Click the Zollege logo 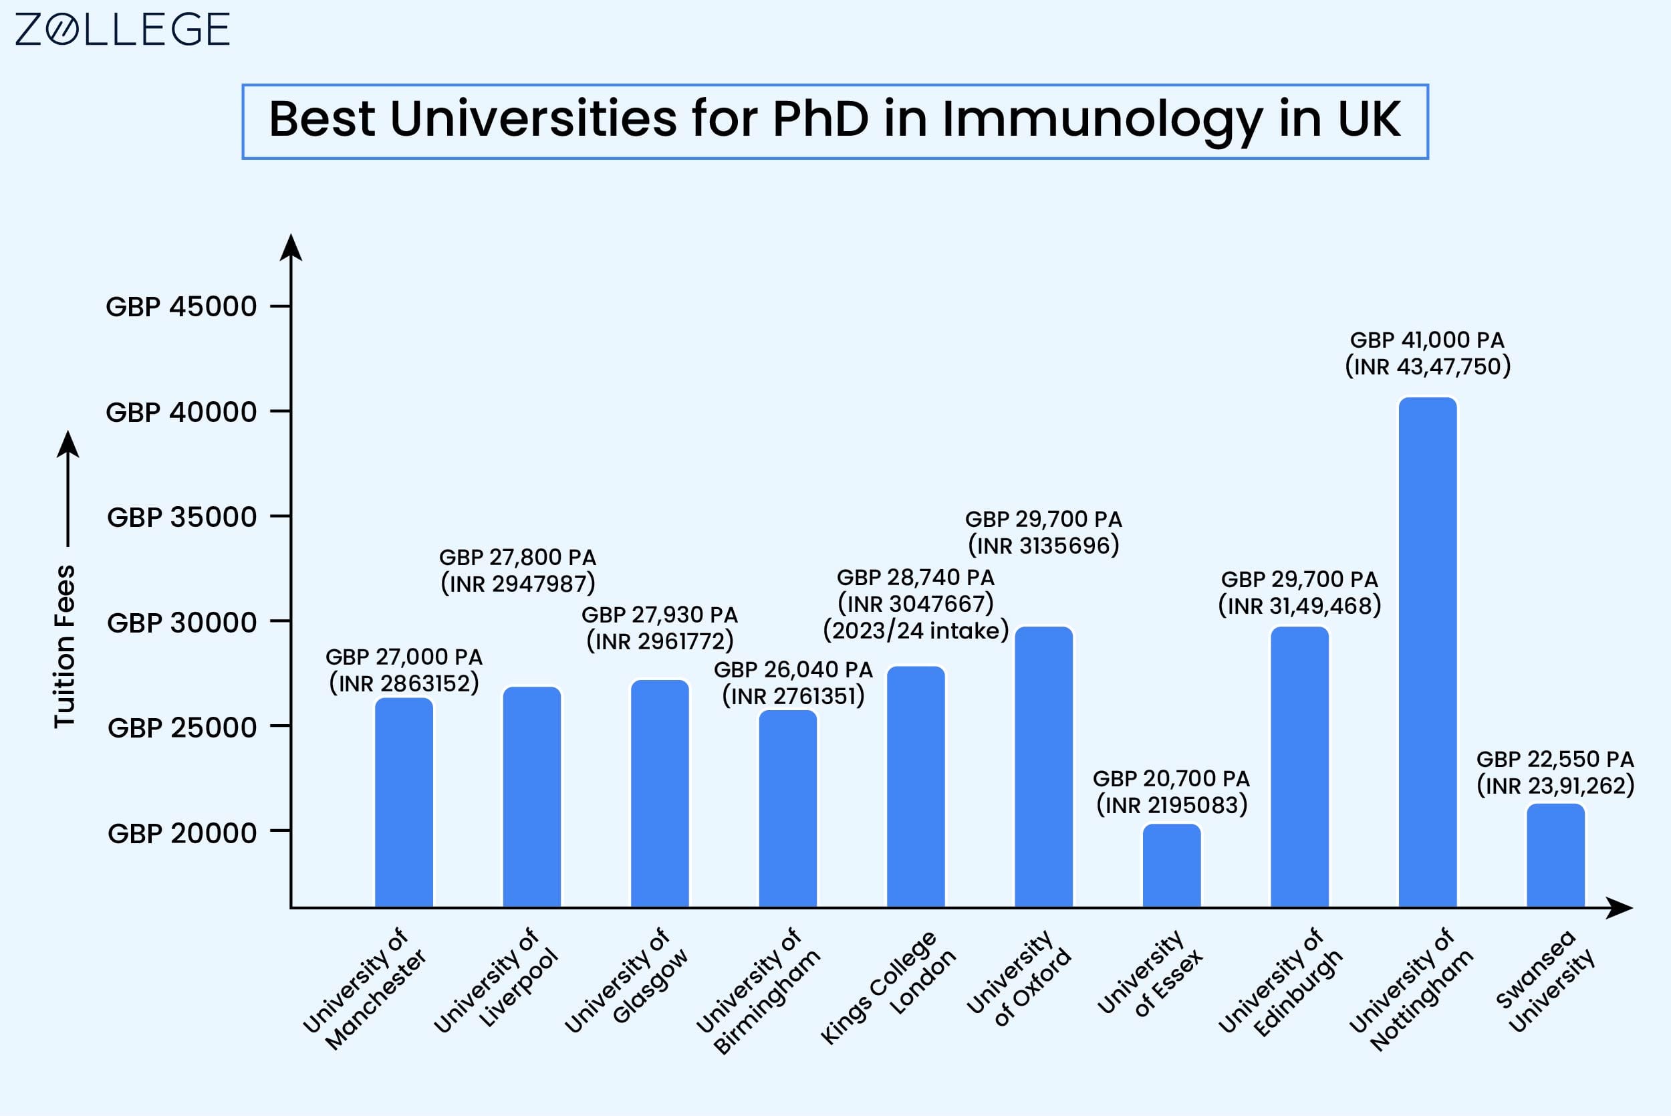coord(122,29)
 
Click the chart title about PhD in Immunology coord(834,119)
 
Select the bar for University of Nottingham coord(1428,652)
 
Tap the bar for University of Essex coord(1172,865)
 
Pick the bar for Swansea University coord(1556,855)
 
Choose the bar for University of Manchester coord(404,802)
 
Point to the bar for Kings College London coord(916,786)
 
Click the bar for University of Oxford coord(1043,766)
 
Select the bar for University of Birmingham coord(788,808)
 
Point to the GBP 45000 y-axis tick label coord(181,307)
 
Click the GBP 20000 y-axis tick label coord(182,832)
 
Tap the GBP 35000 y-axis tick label coord(182,517)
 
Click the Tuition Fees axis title coord(65,646)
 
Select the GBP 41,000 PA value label coord(1427,340)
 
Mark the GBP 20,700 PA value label coord(1171,778)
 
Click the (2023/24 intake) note coord(916,631)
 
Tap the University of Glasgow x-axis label coord(626,980)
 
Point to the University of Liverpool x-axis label coord(496,980)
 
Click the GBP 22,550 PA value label coord(1555,760)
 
